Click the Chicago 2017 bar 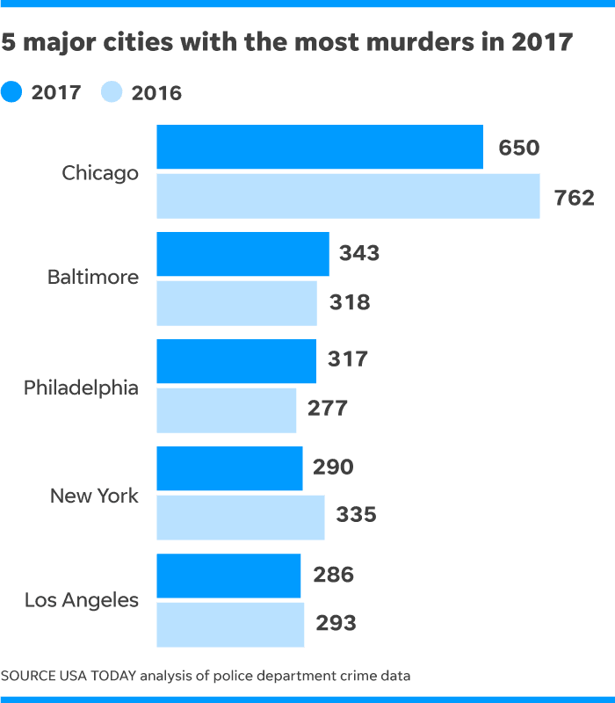pos(320,147)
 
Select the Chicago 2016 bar pos(348,196)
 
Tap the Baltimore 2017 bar pos(242,254)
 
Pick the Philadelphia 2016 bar pos(227,409)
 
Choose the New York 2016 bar pos(241,517)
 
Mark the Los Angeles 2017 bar pos(228,575)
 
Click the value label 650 pos(518,148)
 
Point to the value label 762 pos(575,198)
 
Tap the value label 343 pos(359,254)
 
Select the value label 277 pos(328,409)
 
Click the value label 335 pos(356,515)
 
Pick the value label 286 pos(334,576)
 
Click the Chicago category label pos(100,173)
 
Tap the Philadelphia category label pos(81,388)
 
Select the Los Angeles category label pos(82,601)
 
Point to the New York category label pos(94,496)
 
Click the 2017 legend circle pos(12,91)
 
